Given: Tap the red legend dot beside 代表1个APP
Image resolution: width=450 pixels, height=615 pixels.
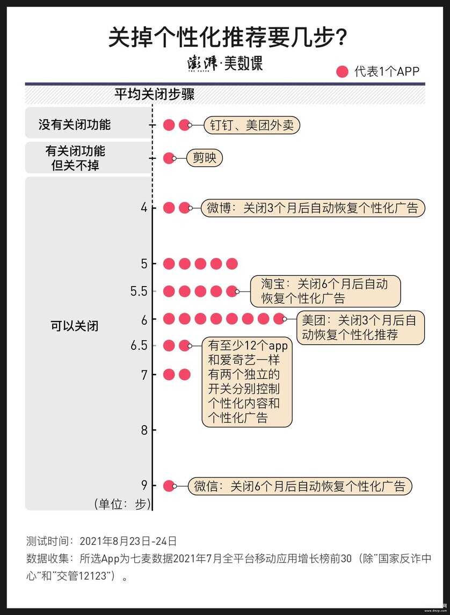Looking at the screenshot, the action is [x=342, y=72].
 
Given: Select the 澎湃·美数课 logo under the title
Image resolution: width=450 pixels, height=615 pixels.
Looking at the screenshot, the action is [x=224, y=63].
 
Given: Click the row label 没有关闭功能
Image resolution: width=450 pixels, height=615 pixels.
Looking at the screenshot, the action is [x=75, y=125].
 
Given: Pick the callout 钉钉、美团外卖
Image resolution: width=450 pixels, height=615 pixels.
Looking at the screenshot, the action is [x=251, y=125].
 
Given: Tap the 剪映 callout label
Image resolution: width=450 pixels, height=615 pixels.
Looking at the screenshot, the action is [x=204, y=158].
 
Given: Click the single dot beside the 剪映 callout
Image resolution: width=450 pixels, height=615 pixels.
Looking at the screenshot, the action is [x=169, y=158].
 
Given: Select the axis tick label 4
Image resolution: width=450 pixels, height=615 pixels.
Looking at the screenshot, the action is [x=144, y=208].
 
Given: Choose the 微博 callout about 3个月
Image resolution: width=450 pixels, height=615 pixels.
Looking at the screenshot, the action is [x=313, y=208].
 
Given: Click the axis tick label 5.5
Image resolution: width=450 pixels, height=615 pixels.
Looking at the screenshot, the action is [x=139, y=291].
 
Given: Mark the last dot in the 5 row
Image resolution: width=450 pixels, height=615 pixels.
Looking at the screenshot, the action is [x=232, y=263].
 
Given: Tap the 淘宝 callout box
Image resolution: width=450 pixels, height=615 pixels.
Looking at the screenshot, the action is [x=325, y=291].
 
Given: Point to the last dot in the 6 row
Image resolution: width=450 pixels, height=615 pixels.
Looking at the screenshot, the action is [x=279, y=319].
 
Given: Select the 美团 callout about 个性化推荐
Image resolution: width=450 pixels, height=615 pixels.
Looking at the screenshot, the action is [x=360, y=328].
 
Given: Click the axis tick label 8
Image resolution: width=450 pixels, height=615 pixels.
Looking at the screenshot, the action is [x=144, y=430].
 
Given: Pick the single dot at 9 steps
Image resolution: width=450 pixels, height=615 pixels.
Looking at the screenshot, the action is [x=169, y=486].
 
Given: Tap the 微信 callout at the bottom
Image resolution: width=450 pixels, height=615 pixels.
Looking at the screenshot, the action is [x=300, y=486].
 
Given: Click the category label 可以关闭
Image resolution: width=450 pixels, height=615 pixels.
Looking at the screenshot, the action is [x=74, y=326].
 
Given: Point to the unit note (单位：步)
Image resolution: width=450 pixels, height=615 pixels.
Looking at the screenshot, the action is [x=122, y=504].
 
